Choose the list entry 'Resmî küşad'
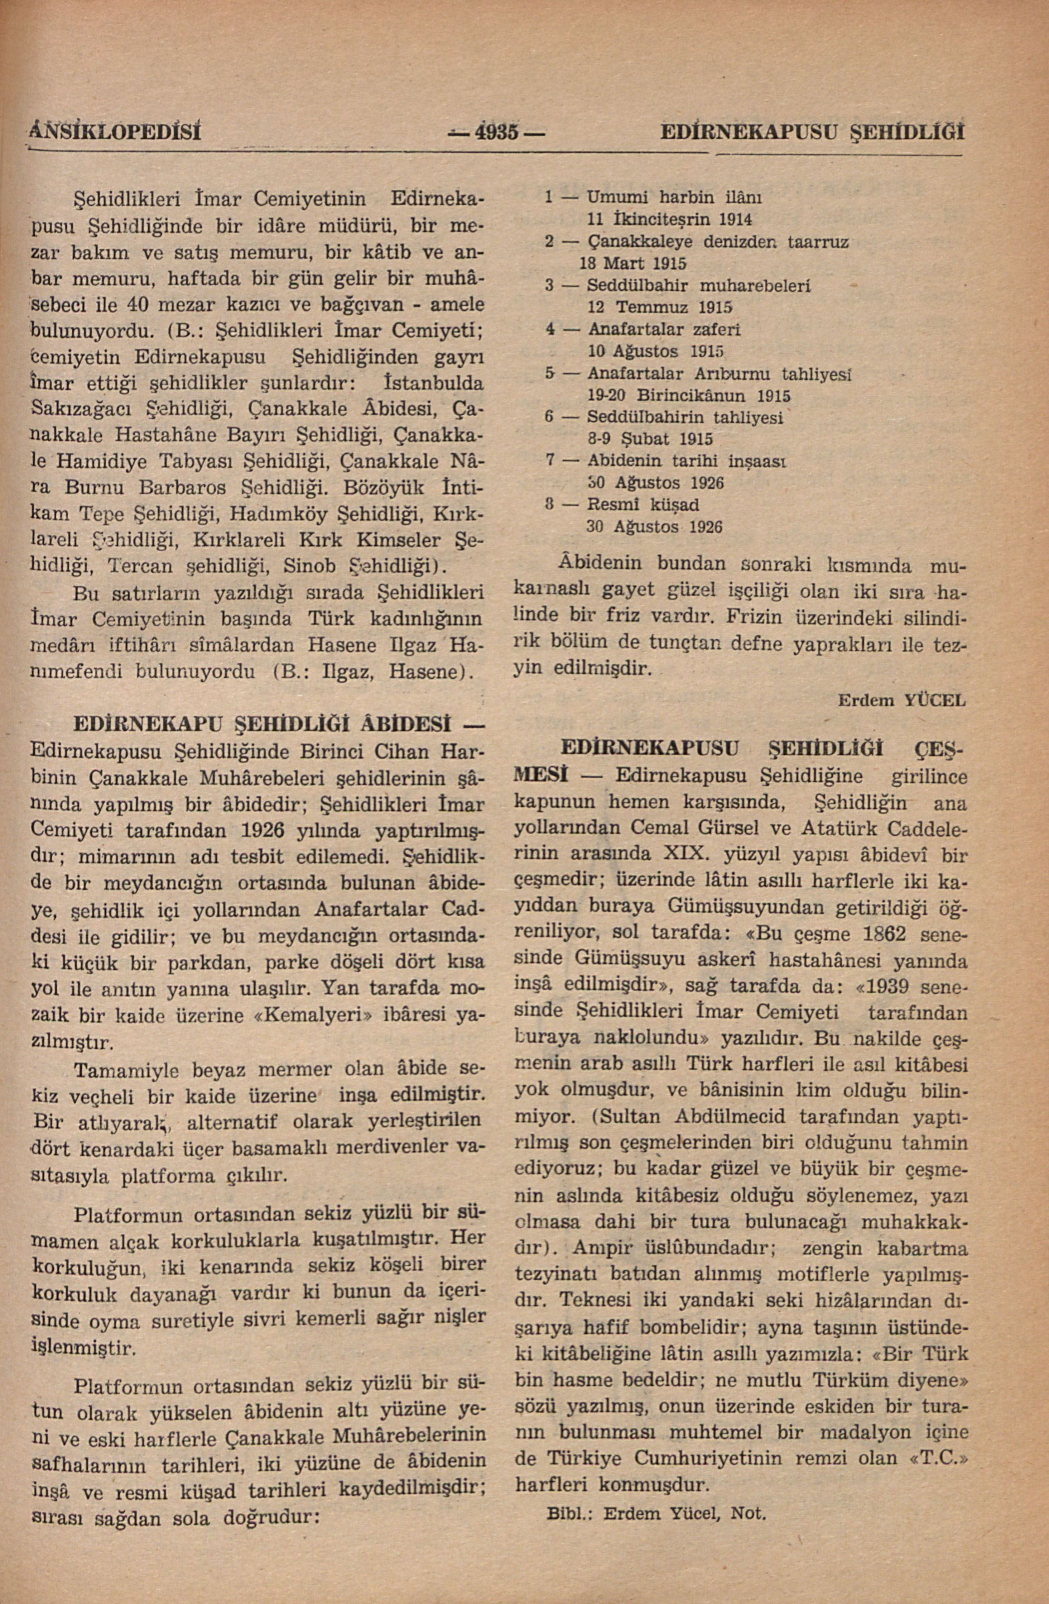(643, 504)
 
